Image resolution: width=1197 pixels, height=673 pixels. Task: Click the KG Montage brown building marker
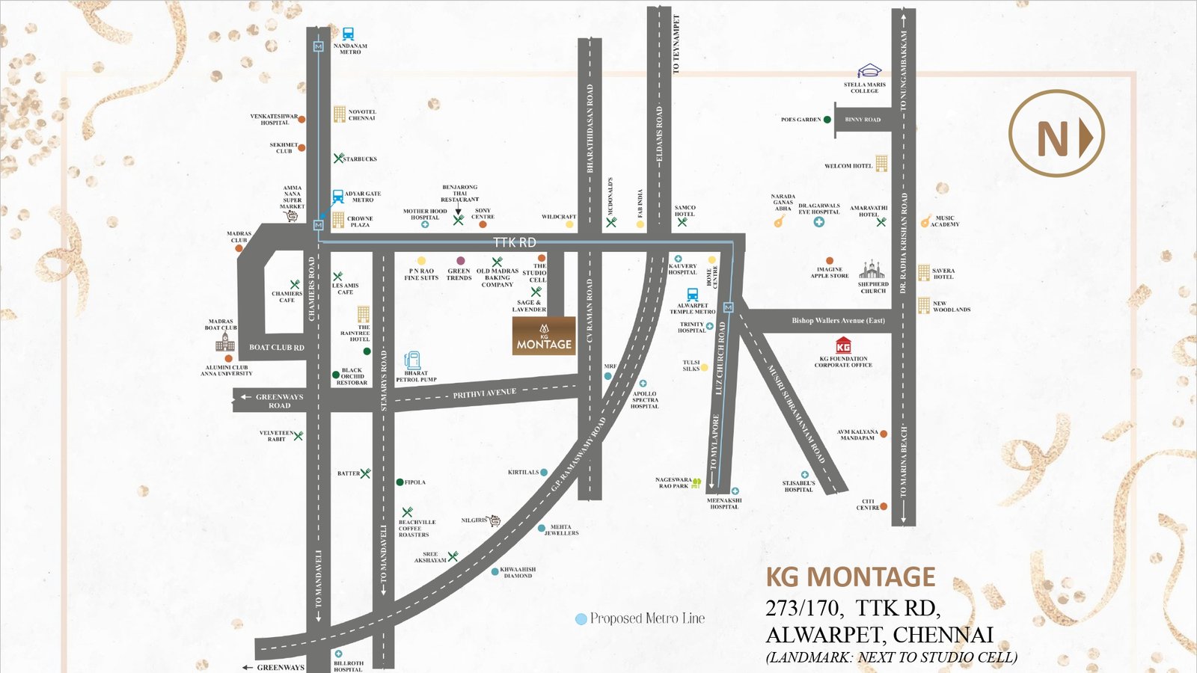click(x=544, y=336)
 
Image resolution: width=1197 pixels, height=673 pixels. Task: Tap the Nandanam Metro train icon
click(x=348, y=34)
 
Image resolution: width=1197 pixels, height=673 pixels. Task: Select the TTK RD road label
click(x=514, y=242)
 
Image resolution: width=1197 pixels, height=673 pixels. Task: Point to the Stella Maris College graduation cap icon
click(x=869, y=72)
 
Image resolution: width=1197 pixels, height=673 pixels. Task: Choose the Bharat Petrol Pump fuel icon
click(x=412, y=360)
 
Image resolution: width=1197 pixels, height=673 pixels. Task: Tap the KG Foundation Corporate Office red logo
click(x=843, y=346)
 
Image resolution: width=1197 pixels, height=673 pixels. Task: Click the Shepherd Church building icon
click(x=872, y=269)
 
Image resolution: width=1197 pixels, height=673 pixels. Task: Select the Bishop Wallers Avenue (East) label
click(x=838, y=321)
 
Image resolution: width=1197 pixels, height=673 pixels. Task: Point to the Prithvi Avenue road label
click(x=484, y=393)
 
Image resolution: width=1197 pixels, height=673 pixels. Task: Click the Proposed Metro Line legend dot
click(x=581, y=619)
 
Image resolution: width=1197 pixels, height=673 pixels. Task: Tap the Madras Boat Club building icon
click(x=224, y=342)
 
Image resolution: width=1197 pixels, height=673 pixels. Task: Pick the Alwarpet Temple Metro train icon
click(x=692, y=295)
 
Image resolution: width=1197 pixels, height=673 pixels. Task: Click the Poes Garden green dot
click(x=827, y=120)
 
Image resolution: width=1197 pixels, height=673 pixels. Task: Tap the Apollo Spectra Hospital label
click(x=644, y=399)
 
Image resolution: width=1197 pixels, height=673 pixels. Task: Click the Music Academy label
click(x=945, y=221)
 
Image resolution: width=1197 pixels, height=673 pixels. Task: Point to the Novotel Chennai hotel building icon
click(x=340, y=114)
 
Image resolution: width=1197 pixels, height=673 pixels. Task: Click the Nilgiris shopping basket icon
click(x=494, y=520)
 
